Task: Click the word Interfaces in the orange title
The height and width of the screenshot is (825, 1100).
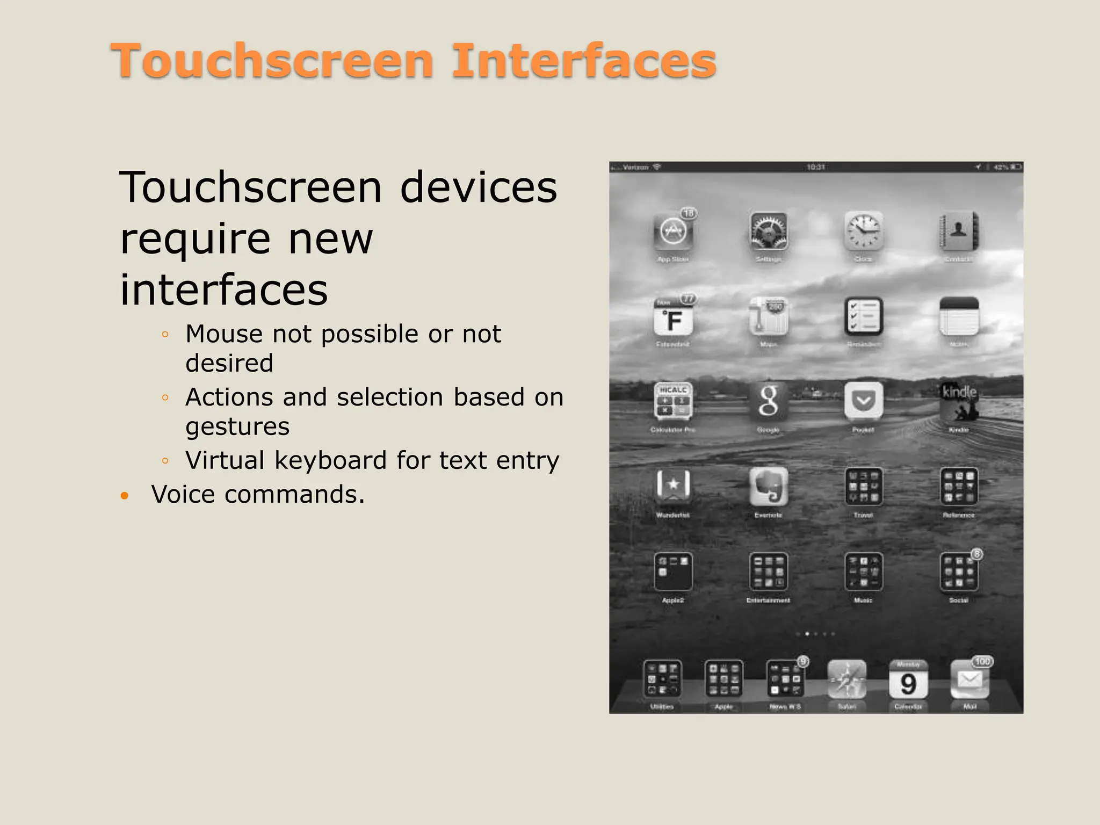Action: coord(584,61)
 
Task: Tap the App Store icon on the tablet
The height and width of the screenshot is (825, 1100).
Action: coord(673,232)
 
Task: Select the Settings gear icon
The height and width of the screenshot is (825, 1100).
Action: coord(769,232)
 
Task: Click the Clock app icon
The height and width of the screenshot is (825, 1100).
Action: coord(864,232)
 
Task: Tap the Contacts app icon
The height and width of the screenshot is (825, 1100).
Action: coord(959,232)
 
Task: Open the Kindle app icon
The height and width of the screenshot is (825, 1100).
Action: coord(959,402)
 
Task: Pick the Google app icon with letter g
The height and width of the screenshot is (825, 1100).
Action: coord(769,402)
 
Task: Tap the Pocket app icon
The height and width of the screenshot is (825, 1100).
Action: coord(864,402)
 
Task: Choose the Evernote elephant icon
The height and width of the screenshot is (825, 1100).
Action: coord(769,487)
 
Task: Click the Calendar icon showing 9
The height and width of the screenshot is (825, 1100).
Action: coord(908,680)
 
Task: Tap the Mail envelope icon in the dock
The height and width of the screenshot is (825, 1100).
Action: coord(969,680)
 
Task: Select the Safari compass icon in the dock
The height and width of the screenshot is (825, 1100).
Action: coord(847,680)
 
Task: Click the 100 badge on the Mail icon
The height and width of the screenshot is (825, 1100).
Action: coord(982,662)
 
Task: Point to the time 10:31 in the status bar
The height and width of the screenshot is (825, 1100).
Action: coord(816,168)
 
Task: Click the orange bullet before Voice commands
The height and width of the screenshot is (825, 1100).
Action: coord(125,495)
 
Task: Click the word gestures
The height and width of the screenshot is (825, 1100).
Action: coord(237,426)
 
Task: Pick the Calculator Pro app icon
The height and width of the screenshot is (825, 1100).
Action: coord(673,402)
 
